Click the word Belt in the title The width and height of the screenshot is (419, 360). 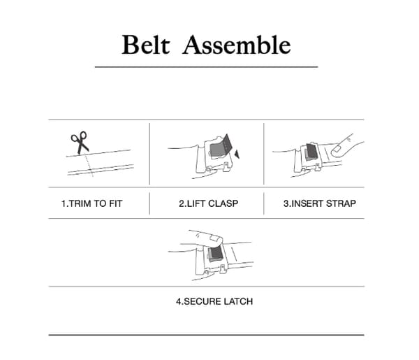pos(146,45)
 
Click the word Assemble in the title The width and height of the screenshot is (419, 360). pos(237,45)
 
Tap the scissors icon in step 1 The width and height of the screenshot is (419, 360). pos(80,143)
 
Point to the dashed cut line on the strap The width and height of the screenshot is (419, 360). pos(89,166)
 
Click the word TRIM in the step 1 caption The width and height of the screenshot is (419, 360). pos(80,203)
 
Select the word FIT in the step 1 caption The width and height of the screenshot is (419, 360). pos(115,203)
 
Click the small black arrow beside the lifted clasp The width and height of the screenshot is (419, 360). pos(237,154)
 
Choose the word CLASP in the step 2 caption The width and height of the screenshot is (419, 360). pos(223,203)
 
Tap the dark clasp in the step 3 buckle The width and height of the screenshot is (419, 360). pos(311,152)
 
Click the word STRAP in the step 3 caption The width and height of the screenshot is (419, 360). pos(341,203)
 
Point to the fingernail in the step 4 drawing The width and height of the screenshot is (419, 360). pos(214,238)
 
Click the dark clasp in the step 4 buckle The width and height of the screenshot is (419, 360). pos(215,253)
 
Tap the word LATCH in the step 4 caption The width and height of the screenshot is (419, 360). pos(238,301)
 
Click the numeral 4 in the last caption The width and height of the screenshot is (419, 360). pos(179,301)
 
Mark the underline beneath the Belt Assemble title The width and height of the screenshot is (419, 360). pos(206,66)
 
